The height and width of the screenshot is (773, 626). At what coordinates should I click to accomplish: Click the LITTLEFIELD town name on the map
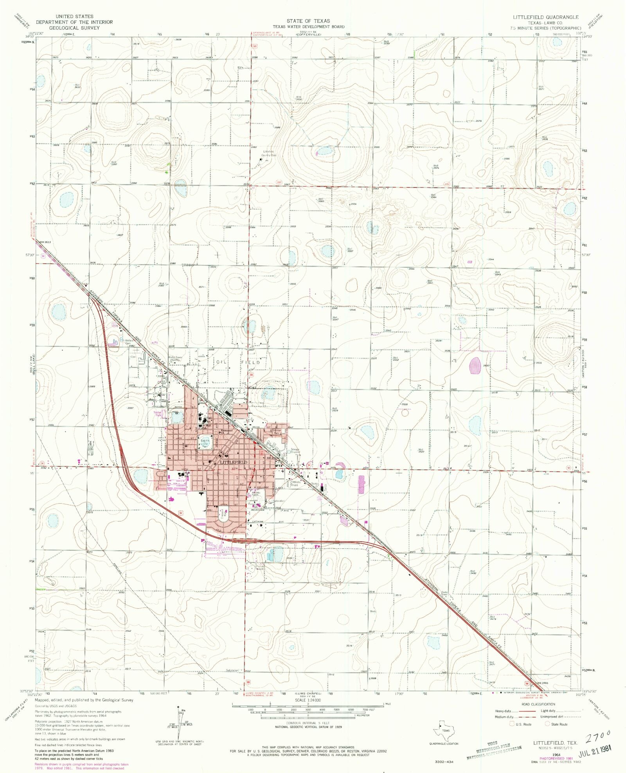tap(234, 462)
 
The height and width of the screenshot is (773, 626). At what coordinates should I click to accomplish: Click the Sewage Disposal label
tap(295, 450)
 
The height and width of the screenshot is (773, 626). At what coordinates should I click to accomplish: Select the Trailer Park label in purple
tap(158, 413)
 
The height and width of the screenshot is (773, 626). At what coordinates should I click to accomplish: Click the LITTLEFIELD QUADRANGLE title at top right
tap(546, 17)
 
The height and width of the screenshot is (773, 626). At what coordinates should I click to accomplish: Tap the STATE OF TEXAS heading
tap(308, 21)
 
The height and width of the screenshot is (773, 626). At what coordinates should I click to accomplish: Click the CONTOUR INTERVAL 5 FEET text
tap(308, 723)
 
